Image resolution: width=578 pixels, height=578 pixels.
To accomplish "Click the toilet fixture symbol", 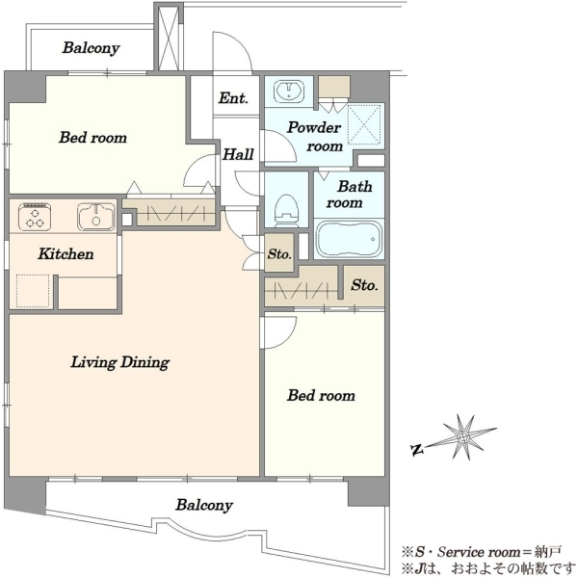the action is point(286,210).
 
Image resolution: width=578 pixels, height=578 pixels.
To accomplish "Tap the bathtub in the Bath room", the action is point(349,239).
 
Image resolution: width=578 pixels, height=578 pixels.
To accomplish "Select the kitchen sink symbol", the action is point(95,217).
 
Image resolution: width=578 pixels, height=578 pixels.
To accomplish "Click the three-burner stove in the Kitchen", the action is point(35,217).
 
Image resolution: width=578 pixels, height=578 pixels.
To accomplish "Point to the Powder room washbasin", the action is point(289,91).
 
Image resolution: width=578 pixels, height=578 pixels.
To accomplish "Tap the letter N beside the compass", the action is point(416,450).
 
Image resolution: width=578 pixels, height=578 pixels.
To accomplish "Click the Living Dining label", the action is point(120,362).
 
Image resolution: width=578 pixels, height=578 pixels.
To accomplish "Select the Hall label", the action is point(238,154).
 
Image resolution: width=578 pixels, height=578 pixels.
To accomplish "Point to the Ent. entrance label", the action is point(233,98).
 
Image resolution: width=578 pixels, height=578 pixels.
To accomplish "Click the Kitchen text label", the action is point(66,254).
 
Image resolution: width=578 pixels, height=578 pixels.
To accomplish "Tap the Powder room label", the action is point(314,137).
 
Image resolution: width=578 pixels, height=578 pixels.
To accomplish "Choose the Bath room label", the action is point(349,195).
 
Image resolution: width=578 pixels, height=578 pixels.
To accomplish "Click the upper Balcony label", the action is point(92,48).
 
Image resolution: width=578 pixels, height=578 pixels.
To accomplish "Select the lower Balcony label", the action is point(204,505).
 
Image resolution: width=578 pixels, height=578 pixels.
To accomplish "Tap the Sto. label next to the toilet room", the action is point(279,254).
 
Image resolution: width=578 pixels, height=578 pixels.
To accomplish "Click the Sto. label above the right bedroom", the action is point(364,285).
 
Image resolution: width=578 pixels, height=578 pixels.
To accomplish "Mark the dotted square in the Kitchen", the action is point(33,291).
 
